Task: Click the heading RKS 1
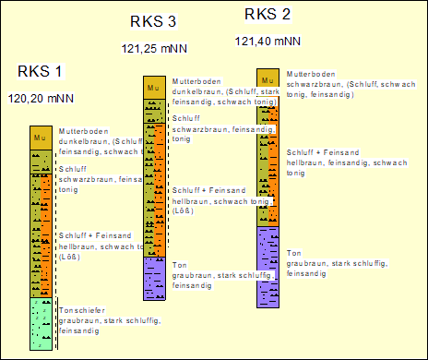click(x=41, y=72)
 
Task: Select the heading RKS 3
click(x=154, y=23)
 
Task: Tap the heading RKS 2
click(x=267, y=14)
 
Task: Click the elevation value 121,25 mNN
click(x=154, y=47)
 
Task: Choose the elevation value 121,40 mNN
click(x=267, y=41)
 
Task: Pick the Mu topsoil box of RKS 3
click(x=153, y=87)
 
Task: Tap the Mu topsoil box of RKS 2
click(x=267, y=79)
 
